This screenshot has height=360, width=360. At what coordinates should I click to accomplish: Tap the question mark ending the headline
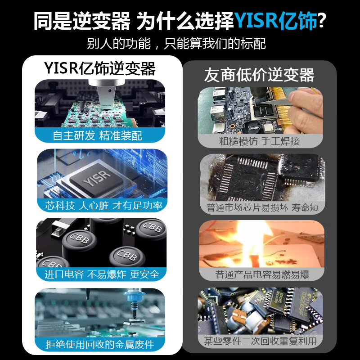(322, 20)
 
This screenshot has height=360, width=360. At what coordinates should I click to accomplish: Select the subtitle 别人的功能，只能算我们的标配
(176, 44)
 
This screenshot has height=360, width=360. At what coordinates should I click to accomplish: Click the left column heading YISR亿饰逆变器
(100, 68)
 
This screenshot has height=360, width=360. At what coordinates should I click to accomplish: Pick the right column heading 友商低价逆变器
(259, 75)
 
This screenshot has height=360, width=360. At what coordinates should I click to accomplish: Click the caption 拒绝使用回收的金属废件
(100, 345)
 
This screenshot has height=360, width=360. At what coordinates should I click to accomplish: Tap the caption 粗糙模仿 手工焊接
(259, 141)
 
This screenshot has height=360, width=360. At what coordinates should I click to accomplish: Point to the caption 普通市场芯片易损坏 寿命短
(263, 207)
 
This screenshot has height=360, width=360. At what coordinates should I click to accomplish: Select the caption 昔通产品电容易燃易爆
(262, 274)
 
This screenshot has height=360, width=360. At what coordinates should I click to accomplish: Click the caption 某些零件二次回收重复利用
(259, 341)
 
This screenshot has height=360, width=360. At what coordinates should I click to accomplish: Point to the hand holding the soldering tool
(306, 112)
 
